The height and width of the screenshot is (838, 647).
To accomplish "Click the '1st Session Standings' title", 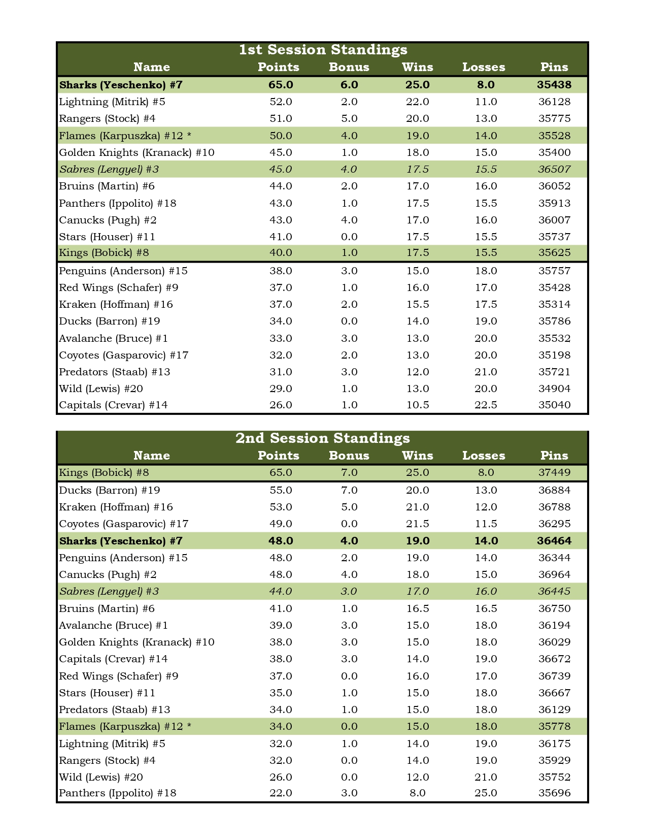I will [x=323, y=50].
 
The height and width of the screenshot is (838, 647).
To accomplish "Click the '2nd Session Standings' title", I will [x=323, y=438].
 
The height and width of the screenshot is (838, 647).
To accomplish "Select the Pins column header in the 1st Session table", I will [x=554, y=67].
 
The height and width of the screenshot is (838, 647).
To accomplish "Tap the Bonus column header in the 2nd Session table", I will [x=349, y=456].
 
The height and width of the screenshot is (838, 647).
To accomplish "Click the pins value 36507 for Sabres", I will [x=554, y=169].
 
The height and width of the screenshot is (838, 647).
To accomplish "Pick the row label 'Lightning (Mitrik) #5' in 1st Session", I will [x=112, y=102].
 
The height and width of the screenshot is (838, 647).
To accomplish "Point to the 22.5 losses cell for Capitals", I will [x=486, y=405].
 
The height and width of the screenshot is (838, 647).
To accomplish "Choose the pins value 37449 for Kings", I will [x=554, y=472].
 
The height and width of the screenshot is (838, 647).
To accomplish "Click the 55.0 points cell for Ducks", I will [x=281, y=490].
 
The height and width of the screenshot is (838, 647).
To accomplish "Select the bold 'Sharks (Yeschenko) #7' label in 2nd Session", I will [x=121, y=541].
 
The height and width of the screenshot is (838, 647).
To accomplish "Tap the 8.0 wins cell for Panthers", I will [x=417, y=793].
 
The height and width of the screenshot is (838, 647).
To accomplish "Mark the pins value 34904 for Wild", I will [x=554, y=389].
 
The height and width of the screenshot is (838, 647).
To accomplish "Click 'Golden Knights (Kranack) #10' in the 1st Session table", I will [x=137, y=152].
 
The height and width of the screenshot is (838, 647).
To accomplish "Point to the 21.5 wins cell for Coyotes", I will [x=417, y=524].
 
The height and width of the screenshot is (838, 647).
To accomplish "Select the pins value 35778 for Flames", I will [x=554, y=726].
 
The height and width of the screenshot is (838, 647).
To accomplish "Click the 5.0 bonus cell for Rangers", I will [x=349, y=118].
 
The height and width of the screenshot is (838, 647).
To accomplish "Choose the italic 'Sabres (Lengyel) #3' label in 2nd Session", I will [x=109, y=591].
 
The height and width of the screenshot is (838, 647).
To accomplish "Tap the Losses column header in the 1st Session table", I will [x=484, y=67].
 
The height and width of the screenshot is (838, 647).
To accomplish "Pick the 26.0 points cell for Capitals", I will [x=281, y=405].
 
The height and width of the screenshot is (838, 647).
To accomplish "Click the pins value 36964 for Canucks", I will [x=554, y=574].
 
